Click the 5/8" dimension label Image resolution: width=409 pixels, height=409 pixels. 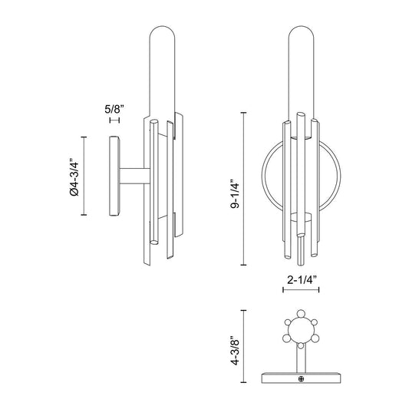click(x=114, y=109)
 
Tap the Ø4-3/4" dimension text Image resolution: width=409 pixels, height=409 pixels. click(x=74, y=176)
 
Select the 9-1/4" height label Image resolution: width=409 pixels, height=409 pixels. click(x=235, y=193)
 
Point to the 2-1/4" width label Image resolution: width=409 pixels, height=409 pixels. click(x=302, y=280)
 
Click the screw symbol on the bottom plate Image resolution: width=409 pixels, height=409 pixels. click(x=301, y=378)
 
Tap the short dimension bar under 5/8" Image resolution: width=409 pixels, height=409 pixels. click(x=114, y=120)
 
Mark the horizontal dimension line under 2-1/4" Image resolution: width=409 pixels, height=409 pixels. click(x=301, y=289)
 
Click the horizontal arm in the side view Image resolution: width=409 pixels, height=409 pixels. click(x=134, y=176)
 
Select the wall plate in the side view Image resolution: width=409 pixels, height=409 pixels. click(x=114, y=176)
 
